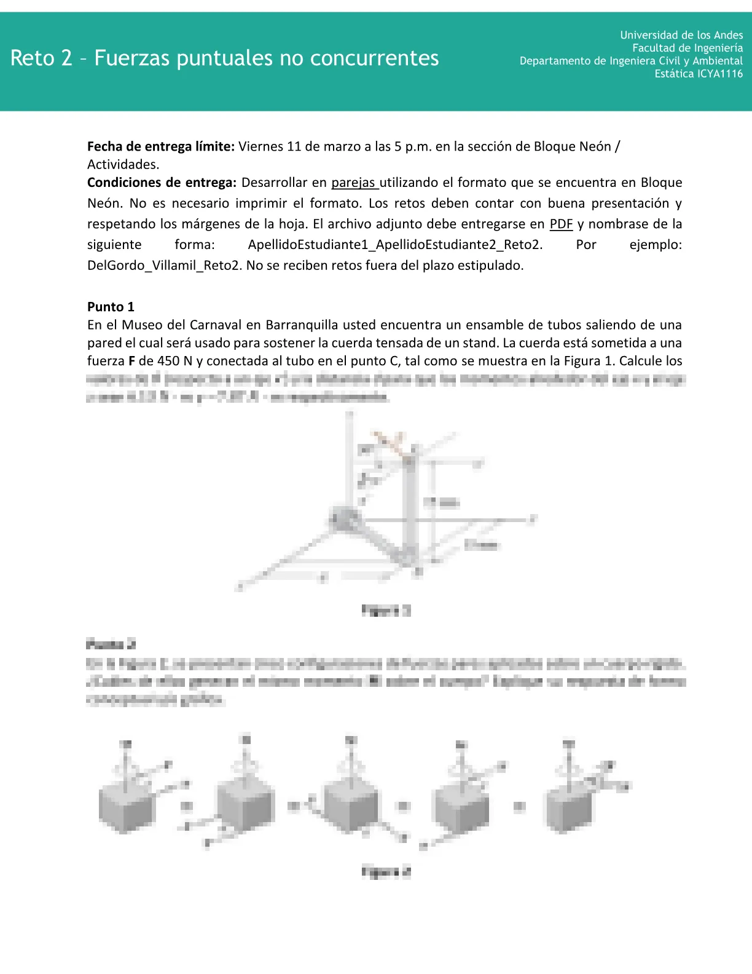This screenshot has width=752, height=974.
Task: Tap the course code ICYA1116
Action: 719,74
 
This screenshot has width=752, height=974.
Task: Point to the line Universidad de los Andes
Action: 681,35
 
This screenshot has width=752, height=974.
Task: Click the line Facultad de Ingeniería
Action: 687,48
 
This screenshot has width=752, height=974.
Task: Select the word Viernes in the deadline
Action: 260,146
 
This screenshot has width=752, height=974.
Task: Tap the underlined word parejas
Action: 354,183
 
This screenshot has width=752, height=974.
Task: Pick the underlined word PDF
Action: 561,224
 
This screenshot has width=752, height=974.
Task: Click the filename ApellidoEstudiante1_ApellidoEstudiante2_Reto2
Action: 395,245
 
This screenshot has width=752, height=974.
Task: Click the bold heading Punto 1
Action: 111,307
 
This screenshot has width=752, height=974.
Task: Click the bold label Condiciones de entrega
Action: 162,183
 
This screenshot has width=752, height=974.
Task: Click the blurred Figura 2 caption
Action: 386,871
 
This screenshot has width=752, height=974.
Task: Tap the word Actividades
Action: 123,164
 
